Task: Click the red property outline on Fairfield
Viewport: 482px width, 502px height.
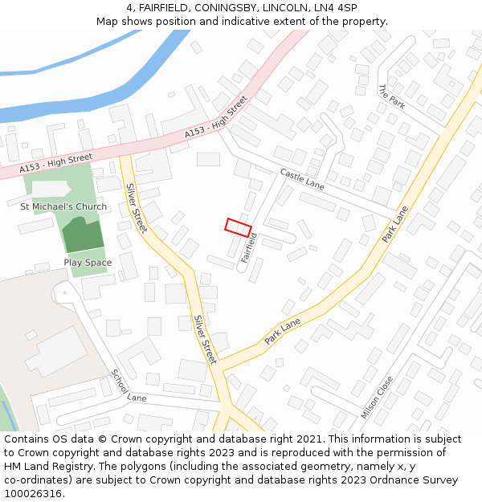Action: (238, 227)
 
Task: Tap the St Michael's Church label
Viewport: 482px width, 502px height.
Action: (63, 206)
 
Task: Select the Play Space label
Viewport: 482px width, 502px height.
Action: (88, 263)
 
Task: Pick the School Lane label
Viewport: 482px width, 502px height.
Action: (129, 386)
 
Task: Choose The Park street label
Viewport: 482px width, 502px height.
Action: (391, 97)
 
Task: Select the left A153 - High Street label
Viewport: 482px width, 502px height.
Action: (56, 162)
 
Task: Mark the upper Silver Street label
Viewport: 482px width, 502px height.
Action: (136, 208)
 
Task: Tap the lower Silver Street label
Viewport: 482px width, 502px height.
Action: (205, 339)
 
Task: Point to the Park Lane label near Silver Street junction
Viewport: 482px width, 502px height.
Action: (282, 331)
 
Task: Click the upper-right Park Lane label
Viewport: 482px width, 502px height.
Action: (395, 224)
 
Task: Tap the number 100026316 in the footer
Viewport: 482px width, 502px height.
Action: (33, 493)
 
